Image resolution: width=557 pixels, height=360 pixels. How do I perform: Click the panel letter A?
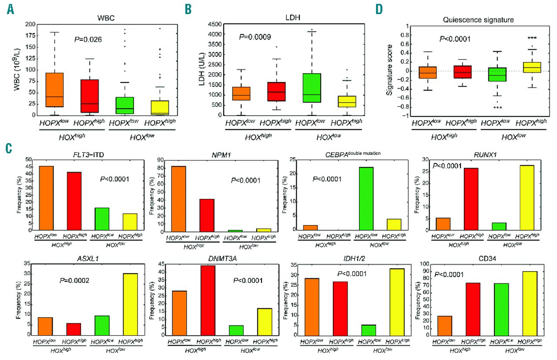tap(10, 8)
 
